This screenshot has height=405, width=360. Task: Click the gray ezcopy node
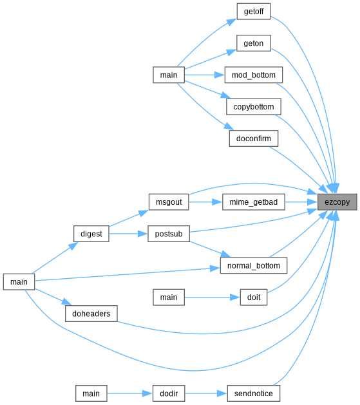(x=337, y=202)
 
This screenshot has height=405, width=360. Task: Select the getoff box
(x=254, y=12)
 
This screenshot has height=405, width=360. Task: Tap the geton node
(x=254, y=43)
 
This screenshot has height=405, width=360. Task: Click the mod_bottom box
(x=254, y=75)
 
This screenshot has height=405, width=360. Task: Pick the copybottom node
(x=254, y=107)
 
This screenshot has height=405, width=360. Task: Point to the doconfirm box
(x=254, y=138)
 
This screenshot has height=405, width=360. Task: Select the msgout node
(x=169, y=202)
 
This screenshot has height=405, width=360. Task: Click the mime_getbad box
(x=254, y=202)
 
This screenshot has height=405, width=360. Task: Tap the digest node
(x=91, y=234)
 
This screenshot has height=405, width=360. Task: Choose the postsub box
(x=169, y=234)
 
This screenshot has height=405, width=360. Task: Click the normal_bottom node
(x=254, y=265)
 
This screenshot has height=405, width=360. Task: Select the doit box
(x=254, y=297)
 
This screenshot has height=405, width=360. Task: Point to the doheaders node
(x=91, y=314)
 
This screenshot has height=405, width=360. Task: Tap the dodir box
(x=169, y=393)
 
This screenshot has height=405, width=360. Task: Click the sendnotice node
(x=254, y=393)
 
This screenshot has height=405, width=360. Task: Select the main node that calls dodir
(x=91, y=393)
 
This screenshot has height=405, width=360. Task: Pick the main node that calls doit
(x=169, y=297)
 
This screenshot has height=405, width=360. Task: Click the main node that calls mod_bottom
(x=169, y=75)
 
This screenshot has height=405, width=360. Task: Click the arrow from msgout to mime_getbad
(x=205, y=202)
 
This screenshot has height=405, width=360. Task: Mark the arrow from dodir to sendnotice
(x=206, y=393)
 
